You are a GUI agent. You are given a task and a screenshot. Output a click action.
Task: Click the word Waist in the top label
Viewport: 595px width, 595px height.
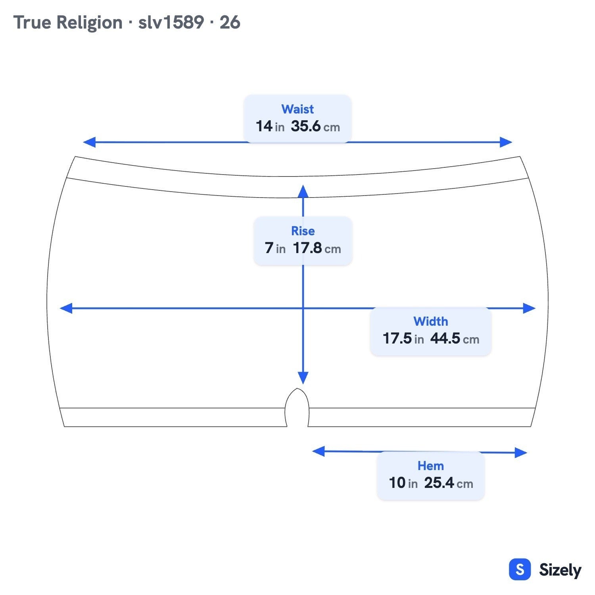coord(297,109)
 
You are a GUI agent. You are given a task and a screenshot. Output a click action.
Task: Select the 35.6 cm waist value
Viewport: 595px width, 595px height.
coord(315,127)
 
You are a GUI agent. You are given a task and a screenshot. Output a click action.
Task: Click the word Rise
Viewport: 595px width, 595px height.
coord(303,231)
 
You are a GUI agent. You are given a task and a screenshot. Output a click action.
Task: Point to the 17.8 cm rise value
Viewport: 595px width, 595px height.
coord(317,248)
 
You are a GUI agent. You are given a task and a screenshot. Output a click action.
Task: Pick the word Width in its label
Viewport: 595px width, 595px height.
coord(431,321)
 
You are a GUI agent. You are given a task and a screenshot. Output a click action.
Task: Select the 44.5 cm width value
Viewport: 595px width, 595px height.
coord(455,339)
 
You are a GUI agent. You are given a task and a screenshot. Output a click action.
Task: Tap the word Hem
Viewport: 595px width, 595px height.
coord(431,466)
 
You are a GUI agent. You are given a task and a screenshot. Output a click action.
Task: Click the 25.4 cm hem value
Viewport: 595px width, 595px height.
coord(449,483)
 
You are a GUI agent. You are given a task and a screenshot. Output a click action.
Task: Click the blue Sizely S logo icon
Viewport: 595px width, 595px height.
coord(520,569)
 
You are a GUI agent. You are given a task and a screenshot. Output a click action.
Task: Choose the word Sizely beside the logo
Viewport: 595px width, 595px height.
coord(560,570)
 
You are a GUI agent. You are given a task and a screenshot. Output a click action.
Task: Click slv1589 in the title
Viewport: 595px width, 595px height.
coord(171,22)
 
